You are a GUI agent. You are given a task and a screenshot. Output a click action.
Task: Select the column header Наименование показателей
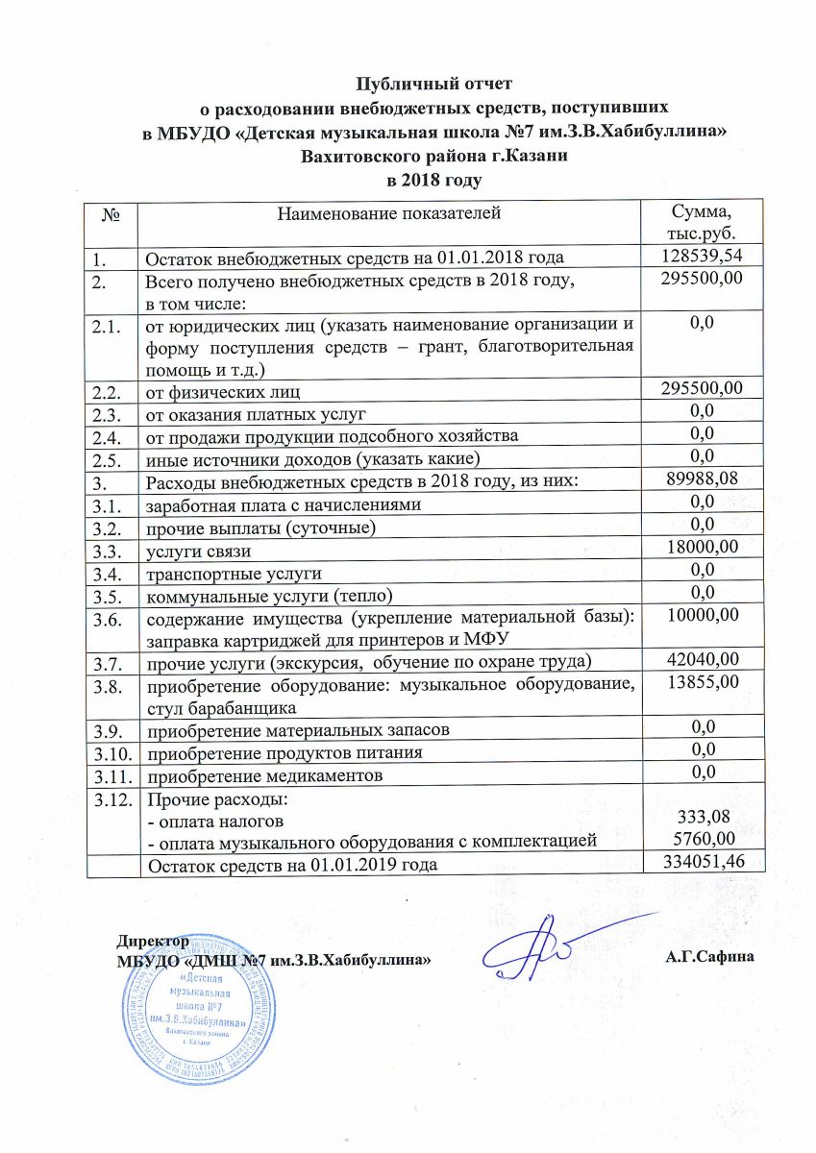(x=389, y=213)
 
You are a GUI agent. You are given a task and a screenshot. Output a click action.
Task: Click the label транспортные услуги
(x=233, y=574)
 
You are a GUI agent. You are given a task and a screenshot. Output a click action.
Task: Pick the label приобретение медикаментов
(x=263, y=774)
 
